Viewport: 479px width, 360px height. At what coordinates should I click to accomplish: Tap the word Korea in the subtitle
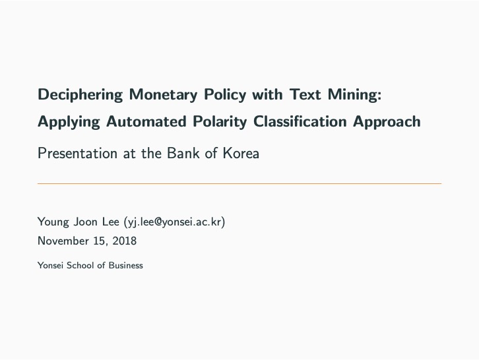241,154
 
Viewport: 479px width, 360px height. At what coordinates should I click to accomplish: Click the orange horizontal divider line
239,183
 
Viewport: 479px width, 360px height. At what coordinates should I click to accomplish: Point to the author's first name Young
53,222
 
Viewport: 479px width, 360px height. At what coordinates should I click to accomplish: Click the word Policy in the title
224,94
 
